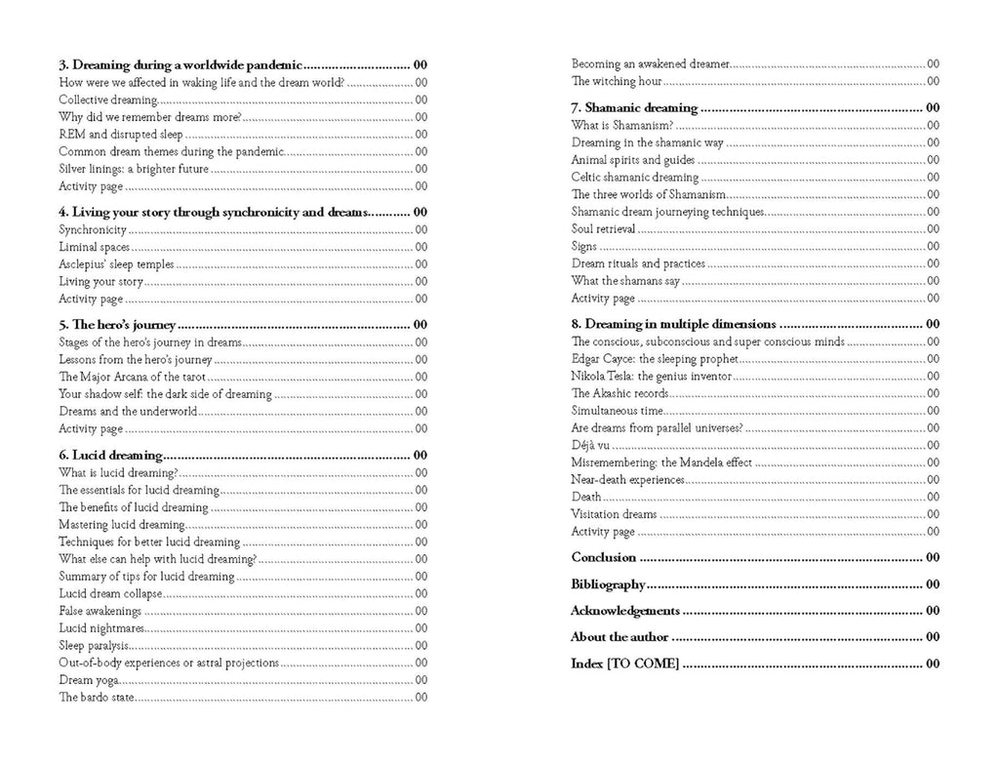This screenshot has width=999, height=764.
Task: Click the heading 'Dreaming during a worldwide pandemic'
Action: point(180,65)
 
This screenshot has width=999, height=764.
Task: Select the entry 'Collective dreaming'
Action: point(107,100)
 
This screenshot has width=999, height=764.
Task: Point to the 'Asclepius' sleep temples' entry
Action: point(116,264)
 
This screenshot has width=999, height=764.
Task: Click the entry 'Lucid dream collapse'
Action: point(110,593)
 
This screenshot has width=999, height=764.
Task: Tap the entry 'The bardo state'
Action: point(95,697)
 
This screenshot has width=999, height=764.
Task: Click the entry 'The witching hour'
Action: point(617,81)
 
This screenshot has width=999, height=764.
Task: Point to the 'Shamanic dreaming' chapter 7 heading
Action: point(634,107)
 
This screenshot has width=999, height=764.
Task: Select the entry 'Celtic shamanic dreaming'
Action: point(635,177)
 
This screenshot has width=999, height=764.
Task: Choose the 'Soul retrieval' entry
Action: point(603,229)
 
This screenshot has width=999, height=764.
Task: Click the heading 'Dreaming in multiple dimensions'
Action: point(673,324)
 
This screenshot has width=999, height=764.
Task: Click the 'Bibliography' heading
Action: point(608,584)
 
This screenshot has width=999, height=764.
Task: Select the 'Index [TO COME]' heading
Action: point(624,663)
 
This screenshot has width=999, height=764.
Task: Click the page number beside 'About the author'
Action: point(933,637)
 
